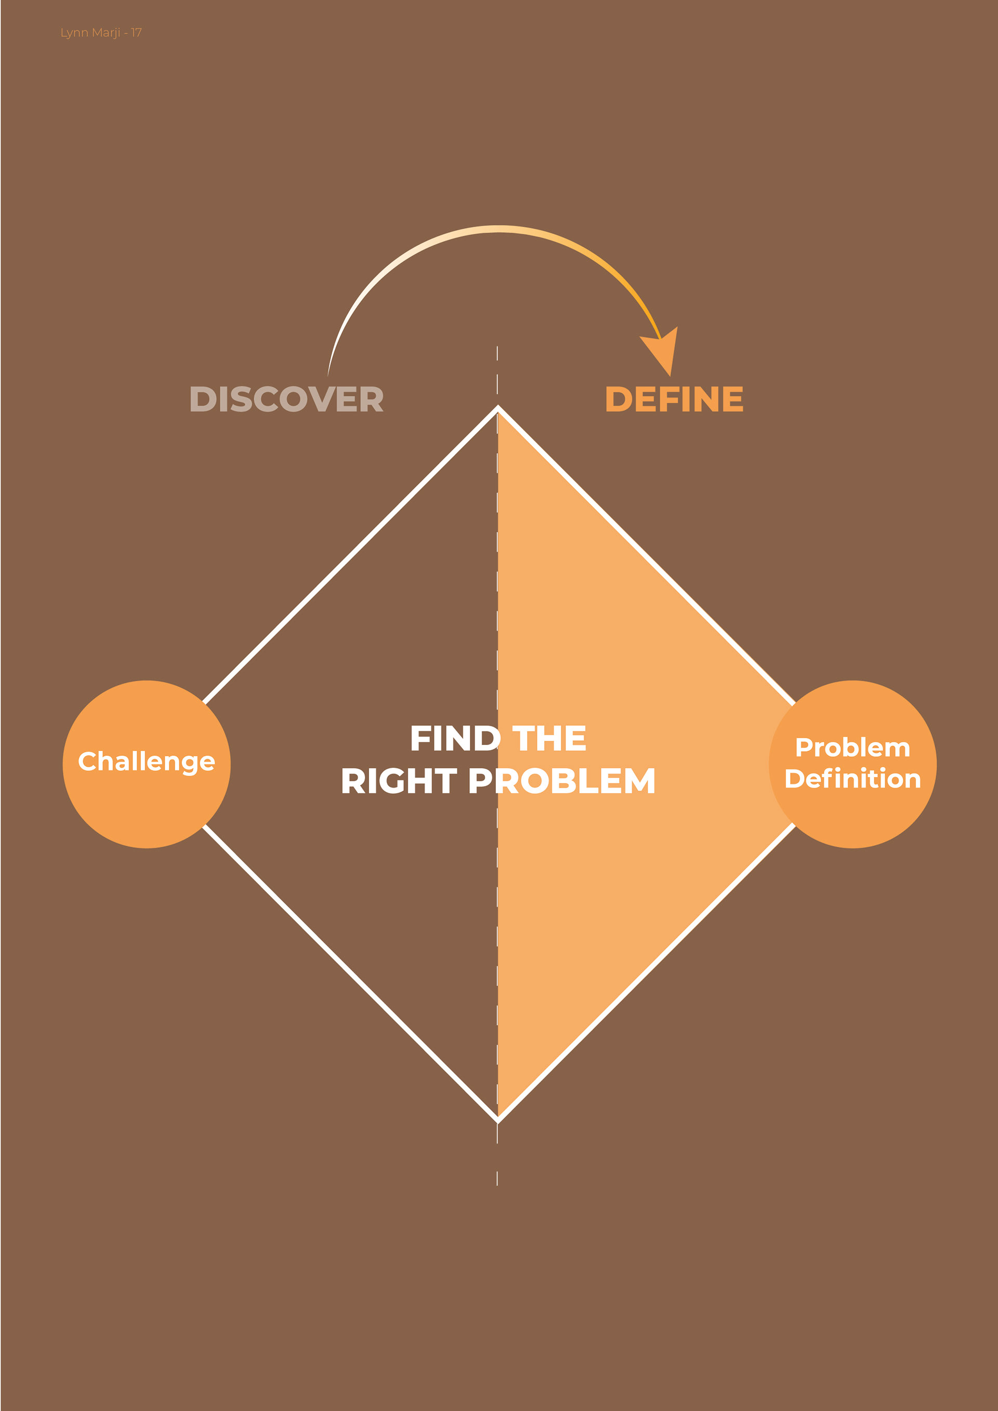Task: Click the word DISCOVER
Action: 286,399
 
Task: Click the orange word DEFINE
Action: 674,399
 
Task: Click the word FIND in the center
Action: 454,738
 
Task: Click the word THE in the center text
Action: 549,738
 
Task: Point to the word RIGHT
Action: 399,781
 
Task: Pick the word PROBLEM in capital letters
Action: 561,781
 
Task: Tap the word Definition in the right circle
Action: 853,779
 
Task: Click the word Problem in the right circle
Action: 853,748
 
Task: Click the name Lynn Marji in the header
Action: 90,33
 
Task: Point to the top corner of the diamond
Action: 497,407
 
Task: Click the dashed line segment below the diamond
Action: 497,1178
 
